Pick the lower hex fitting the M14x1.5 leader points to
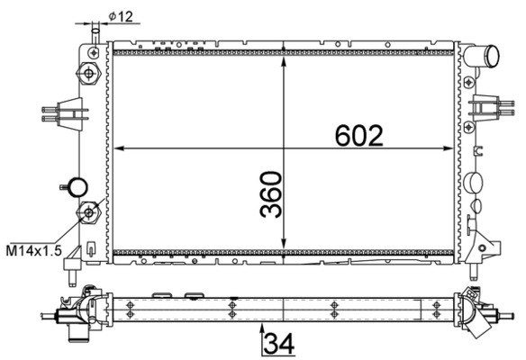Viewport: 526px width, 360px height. click(x=89, y=212)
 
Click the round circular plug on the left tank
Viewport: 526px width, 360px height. click(x=78, y=187)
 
